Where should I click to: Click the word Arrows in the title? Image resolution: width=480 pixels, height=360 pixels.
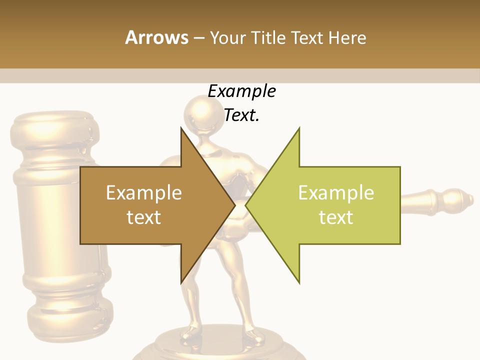pos(156,38)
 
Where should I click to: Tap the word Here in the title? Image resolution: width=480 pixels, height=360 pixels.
pos(347,38)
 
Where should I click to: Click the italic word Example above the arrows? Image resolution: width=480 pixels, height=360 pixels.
pos(241,91)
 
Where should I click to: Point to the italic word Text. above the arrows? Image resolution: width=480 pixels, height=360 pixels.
pos(241,115)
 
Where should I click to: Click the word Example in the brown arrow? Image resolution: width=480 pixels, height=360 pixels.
pos(144,193)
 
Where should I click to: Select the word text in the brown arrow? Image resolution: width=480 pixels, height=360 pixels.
pos(144,217)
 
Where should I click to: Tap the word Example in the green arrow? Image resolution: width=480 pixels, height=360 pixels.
pos(336,193)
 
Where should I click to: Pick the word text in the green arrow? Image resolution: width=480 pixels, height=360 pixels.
pos(336,217)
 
